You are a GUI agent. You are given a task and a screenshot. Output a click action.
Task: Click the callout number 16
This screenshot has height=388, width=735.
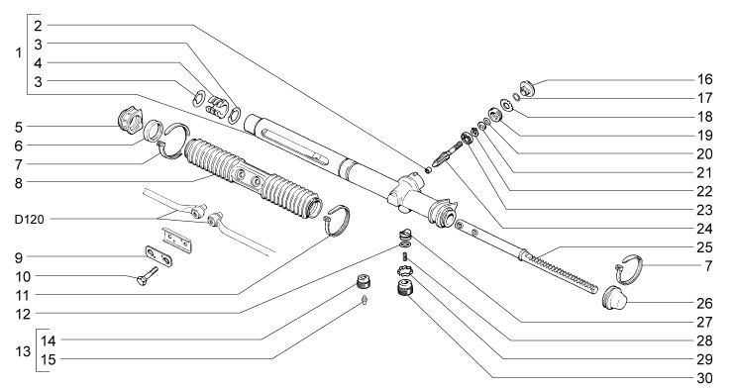[x=704, y=79]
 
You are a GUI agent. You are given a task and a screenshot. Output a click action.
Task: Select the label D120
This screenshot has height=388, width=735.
[x=29, y=220]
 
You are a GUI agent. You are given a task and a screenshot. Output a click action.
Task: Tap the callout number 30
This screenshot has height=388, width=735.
[x=704, y=378]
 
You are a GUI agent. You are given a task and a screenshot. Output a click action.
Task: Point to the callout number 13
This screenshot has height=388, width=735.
[x=23, y=351]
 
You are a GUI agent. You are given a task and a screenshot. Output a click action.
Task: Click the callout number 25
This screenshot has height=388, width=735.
[x=704, y=246]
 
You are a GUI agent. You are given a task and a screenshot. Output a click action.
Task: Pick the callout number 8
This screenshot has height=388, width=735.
[x=19, y=183]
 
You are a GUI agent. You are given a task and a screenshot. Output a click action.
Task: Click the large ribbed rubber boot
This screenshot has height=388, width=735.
[x=254, y=178]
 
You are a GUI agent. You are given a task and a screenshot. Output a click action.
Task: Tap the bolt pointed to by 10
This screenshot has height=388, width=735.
[x=148, y=274]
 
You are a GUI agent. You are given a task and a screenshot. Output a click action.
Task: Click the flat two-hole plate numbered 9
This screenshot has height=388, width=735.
[x=157, y=255]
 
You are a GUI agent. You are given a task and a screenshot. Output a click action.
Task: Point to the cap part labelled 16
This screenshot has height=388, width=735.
[x=527, y=88]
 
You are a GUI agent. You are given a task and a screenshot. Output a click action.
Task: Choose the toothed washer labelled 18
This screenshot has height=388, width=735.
[x=506, y=105]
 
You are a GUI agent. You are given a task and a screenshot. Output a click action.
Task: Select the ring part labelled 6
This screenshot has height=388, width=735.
[x=153, y=131]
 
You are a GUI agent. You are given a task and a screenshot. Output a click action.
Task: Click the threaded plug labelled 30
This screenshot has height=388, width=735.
[x=404, y=287]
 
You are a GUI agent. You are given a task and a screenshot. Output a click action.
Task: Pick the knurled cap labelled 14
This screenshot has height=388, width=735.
[x=364, y=282]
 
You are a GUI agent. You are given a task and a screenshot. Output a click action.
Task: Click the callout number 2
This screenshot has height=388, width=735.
[x=38, y=26]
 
